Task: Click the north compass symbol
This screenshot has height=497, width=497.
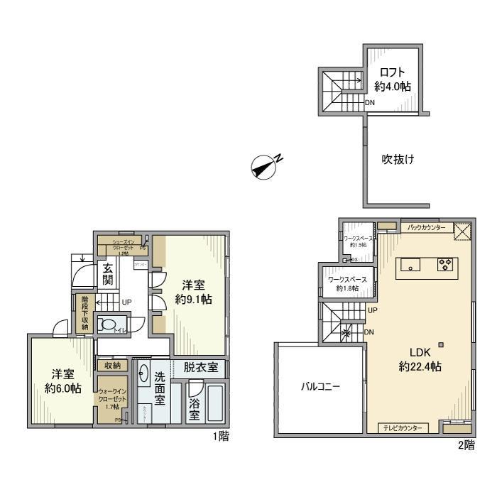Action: [264, 166]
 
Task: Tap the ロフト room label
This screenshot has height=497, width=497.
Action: [393, 72]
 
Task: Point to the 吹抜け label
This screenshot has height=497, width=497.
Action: [398, 159]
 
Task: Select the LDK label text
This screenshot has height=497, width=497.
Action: [420, 351]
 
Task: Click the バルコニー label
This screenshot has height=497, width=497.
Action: [320, 388]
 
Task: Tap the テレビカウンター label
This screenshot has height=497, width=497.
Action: [404, 428]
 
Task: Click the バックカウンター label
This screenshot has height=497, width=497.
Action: [427, 228]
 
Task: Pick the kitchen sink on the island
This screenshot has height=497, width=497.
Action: [410, 265]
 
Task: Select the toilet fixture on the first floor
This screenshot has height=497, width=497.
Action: [109, 324]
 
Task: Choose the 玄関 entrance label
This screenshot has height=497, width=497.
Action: [108, 274]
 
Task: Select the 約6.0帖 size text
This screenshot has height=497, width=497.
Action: [62, 388]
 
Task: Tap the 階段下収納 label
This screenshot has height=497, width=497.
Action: [85, 313]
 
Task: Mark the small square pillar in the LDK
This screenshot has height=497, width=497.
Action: [442, 345]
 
